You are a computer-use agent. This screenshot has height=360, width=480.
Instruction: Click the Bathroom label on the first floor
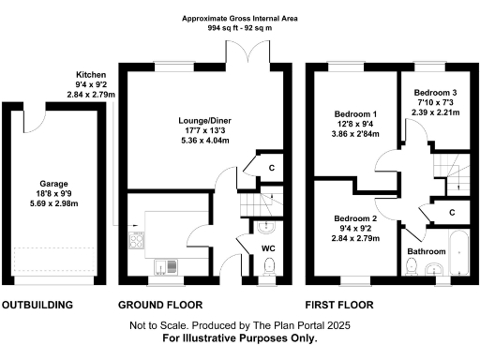click(x=427, y=252)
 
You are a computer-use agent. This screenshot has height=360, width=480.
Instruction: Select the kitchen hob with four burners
click(x=137, y=242)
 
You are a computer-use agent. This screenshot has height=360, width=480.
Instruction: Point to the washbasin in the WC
click(x=266, y=226)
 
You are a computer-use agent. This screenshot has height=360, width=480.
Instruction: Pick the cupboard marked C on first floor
click(x=451, y=213)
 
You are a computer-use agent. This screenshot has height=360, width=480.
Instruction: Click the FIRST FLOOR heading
click(x=340, y=306)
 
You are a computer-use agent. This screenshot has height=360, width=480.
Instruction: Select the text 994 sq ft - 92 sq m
click(x=239, y=26)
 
